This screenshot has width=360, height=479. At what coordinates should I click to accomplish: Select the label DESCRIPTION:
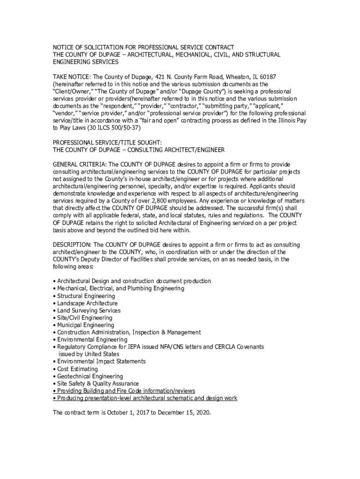(72, 245)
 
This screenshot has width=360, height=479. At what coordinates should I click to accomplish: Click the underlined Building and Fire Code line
(124, 391)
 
